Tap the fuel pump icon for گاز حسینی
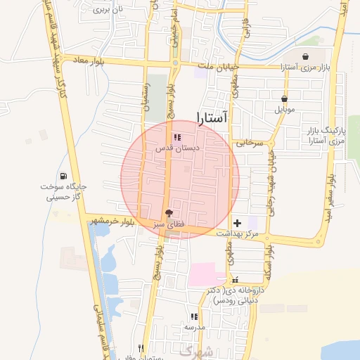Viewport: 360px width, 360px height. (x=64, y=176)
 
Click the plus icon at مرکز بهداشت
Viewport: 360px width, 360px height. (x=237, y=222)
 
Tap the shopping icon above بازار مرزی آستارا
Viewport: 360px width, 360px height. (x=306, y=57)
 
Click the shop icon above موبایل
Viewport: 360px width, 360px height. (x=284, y=99)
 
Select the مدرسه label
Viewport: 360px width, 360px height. (x=194, y=328)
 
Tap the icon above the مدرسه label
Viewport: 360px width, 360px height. (x=194, y=316)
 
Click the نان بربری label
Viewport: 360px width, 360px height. (x=100, y=10)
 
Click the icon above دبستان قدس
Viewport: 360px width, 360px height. (x=176, y=137)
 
